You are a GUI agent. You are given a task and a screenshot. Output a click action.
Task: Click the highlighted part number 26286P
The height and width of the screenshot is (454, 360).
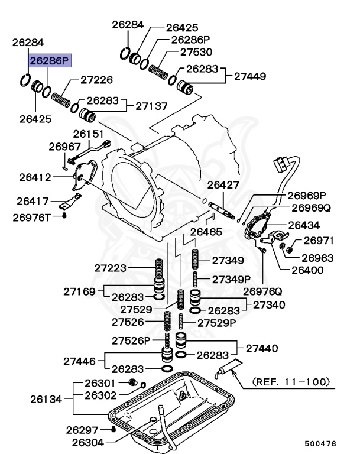point(50,60)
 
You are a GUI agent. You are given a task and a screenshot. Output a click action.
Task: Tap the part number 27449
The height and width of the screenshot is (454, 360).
point(250,76)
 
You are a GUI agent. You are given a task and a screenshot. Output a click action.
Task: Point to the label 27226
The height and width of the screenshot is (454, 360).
point(96,79)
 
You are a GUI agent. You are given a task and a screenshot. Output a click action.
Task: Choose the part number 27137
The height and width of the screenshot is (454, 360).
point(151,106)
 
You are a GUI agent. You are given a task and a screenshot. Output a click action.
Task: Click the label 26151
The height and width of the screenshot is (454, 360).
point(88,134)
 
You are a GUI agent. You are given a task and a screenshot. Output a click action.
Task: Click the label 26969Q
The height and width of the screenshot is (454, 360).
point(310,208)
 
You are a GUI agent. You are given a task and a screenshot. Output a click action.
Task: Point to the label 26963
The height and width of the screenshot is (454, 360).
point(317,258)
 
